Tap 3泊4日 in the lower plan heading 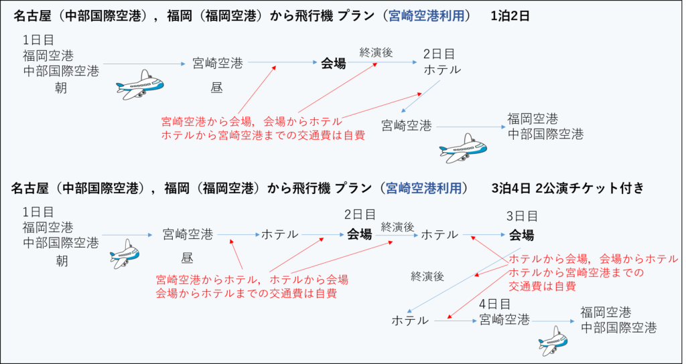coord(510,188)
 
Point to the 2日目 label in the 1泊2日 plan coord(439,54)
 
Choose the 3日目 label coord(523,216)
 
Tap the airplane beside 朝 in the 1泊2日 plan coord(140,84)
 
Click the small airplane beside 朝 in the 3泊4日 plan coord(125,253)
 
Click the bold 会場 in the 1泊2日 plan coord(333,64)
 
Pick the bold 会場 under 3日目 coord(522,235)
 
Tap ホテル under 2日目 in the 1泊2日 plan coord(441,70)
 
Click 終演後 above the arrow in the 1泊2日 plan coord(376,52)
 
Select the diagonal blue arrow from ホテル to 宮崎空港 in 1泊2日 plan coord(422,98)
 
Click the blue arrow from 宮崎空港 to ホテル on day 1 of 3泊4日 coord(238,235)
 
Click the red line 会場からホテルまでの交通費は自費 coord(246,293)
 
